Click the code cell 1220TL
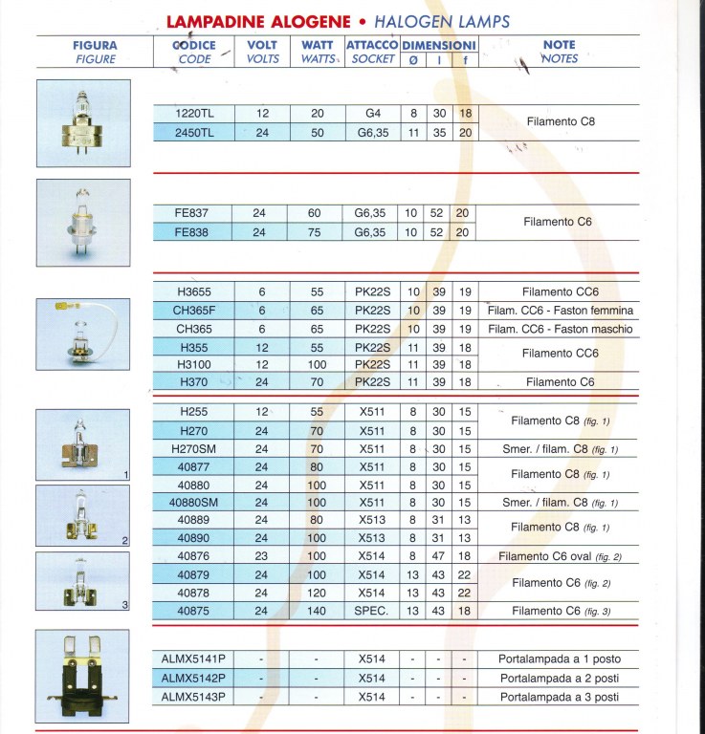pyautogui.click(x=194, y=114)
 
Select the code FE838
pyautogui.click(x=194, y=232)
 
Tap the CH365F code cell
pyautogui.click(x=194, y=311)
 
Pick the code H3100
pyautogui.click(x=194, y=364)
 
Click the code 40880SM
pyautogui.click(x=194, y=503)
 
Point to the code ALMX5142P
pyautogui.click(x=194, y=678)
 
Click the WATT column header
pyautogui.click(x=317, y=52)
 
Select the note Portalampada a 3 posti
pyautogui.click(x=559, y=697)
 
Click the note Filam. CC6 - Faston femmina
pyautogui.click(x=559, y=311)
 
